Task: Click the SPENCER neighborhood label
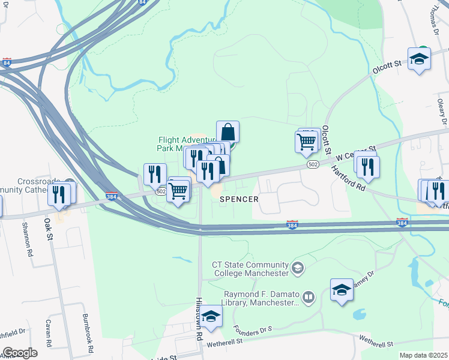click(x=239, y=199)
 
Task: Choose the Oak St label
click(x=48, y=227)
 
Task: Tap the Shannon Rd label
click(x=27, y=240)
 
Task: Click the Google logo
click(x=20, y=353)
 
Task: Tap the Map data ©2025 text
click(x=423, y=355)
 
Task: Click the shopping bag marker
click(x=228, y=131)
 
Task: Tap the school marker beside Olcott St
click(x=419, y=59)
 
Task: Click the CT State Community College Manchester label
click(x=250, y=269)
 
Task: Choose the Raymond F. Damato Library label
click(x=262, y=298)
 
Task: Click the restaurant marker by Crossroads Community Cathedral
click(x=59, y=194)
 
